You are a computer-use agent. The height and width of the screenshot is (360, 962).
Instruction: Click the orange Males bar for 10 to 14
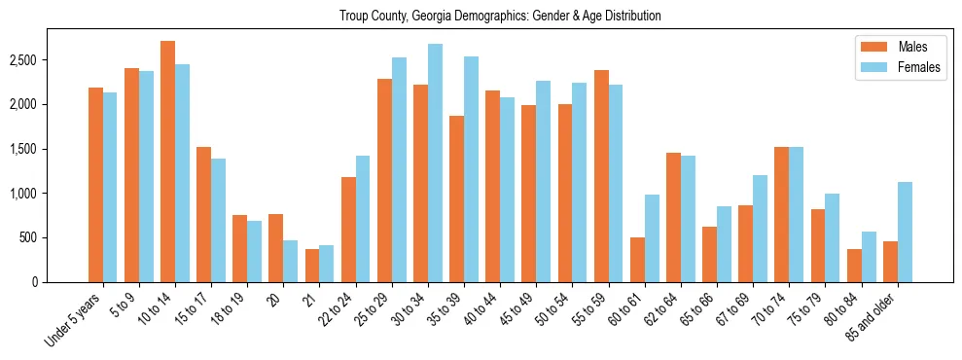167,162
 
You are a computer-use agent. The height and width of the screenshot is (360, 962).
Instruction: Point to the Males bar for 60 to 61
637,260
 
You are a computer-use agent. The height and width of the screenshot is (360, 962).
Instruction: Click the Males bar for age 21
311,266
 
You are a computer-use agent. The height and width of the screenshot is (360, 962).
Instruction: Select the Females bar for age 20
290,261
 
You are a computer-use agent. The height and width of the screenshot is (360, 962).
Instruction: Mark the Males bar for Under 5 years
95,185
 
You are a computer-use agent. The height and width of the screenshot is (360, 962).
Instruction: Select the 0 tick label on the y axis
61,282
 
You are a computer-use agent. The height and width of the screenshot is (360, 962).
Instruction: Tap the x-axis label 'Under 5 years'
75,320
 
